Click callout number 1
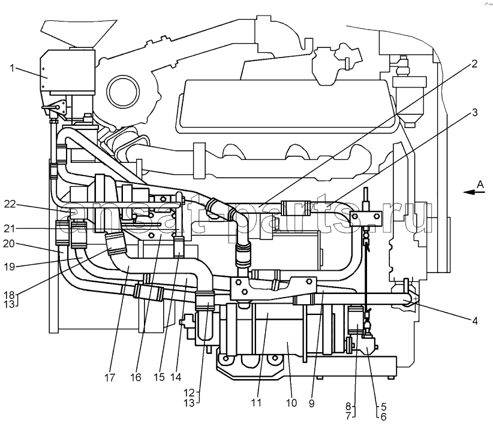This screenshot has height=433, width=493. (x=11, y=67)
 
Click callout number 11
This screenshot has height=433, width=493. (x=256, y=403)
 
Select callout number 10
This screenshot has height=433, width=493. (x=291, y=403)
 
